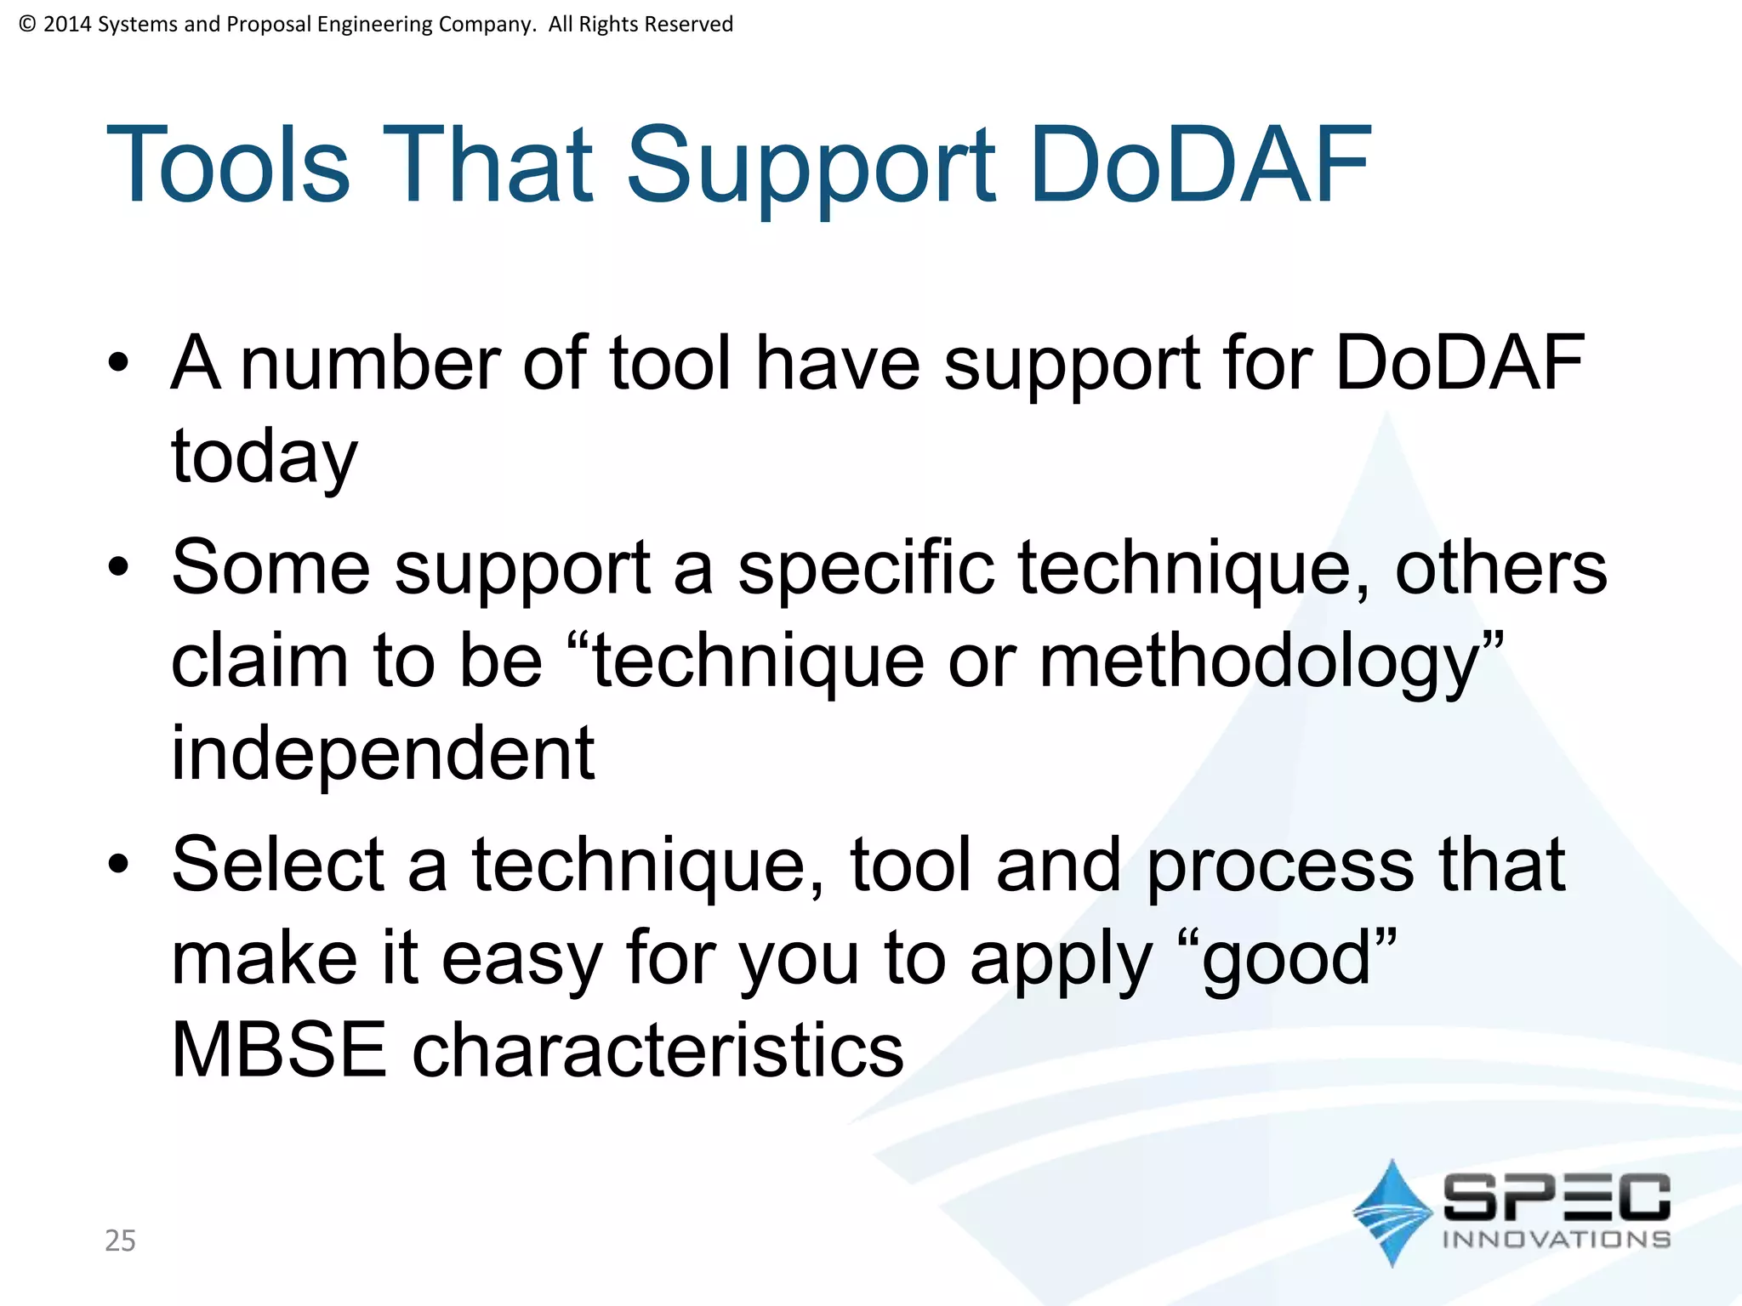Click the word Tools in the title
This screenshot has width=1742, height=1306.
(x=227, y=165)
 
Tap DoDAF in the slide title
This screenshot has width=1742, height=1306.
(x=1199, y=165)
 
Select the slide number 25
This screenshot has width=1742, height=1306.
(x=120, y=1241)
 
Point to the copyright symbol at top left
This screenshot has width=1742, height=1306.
(x=27, y=24)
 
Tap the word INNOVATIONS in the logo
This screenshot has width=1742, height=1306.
(x=1556, y=1239)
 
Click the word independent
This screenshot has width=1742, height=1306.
(x=383, y=753)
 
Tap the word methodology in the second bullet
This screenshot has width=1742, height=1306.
(x=1259, y=662)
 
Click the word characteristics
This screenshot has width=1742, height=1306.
(x=658, y=1050)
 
